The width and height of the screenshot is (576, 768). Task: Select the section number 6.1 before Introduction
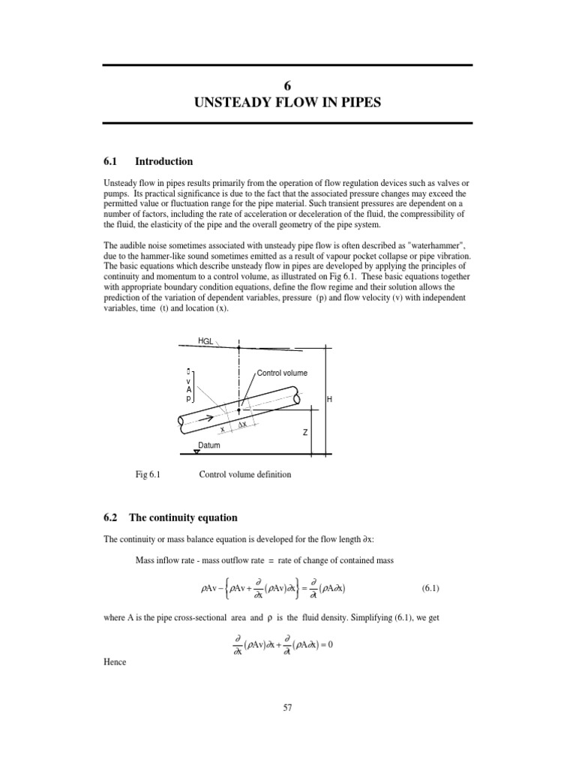(111, 161)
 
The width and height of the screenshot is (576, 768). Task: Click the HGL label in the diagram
(206, 341)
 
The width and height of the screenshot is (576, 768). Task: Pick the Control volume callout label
(282, 373)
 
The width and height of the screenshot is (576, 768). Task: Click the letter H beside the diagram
(329, 400)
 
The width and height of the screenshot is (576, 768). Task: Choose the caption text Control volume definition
(244, 474)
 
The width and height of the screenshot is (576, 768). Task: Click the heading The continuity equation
(183, 517)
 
